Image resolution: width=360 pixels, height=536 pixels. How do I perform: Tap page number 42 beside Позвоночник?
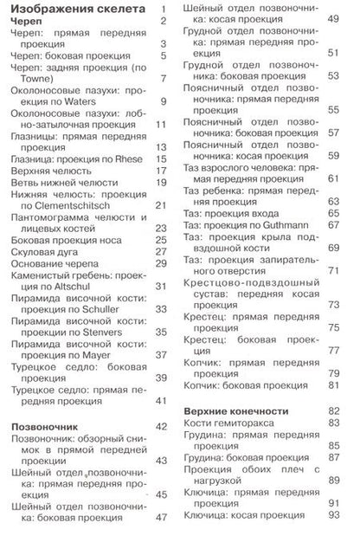click(x=160, y=427)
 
